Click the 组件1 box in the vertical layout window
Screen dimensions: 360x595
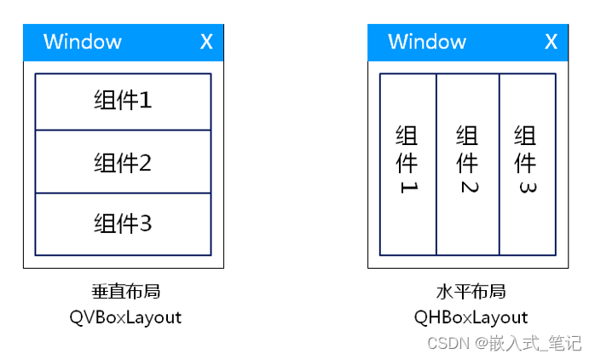click(x=123, y=102)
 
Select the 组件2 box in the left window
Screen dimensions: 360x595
click(x=123, y=162)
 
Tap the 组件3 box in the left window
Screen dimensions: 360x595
click(x=123, y=224)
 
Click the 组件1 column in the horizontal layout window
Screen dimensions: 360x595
click(x=407, y=164)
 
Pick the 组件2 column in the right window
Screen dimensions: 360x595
click(x=467, y=164)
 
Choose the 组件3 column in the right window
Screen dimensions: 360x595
click(x=527, y=164)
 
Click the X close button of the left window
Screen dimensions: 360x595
click(x=206, y=42)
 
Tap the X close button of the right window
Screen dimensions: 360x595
click(x=551, y=42)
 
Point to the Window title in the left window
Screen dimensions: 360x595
click(x=83, y=42)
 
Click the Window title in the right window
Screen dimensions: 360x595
click(x=427, y=42)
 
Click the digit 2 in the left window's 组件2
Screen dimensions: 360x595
click(x=145, y=162)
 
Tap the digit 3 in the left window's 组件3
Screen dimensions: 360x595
click(x=145, y=224)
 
